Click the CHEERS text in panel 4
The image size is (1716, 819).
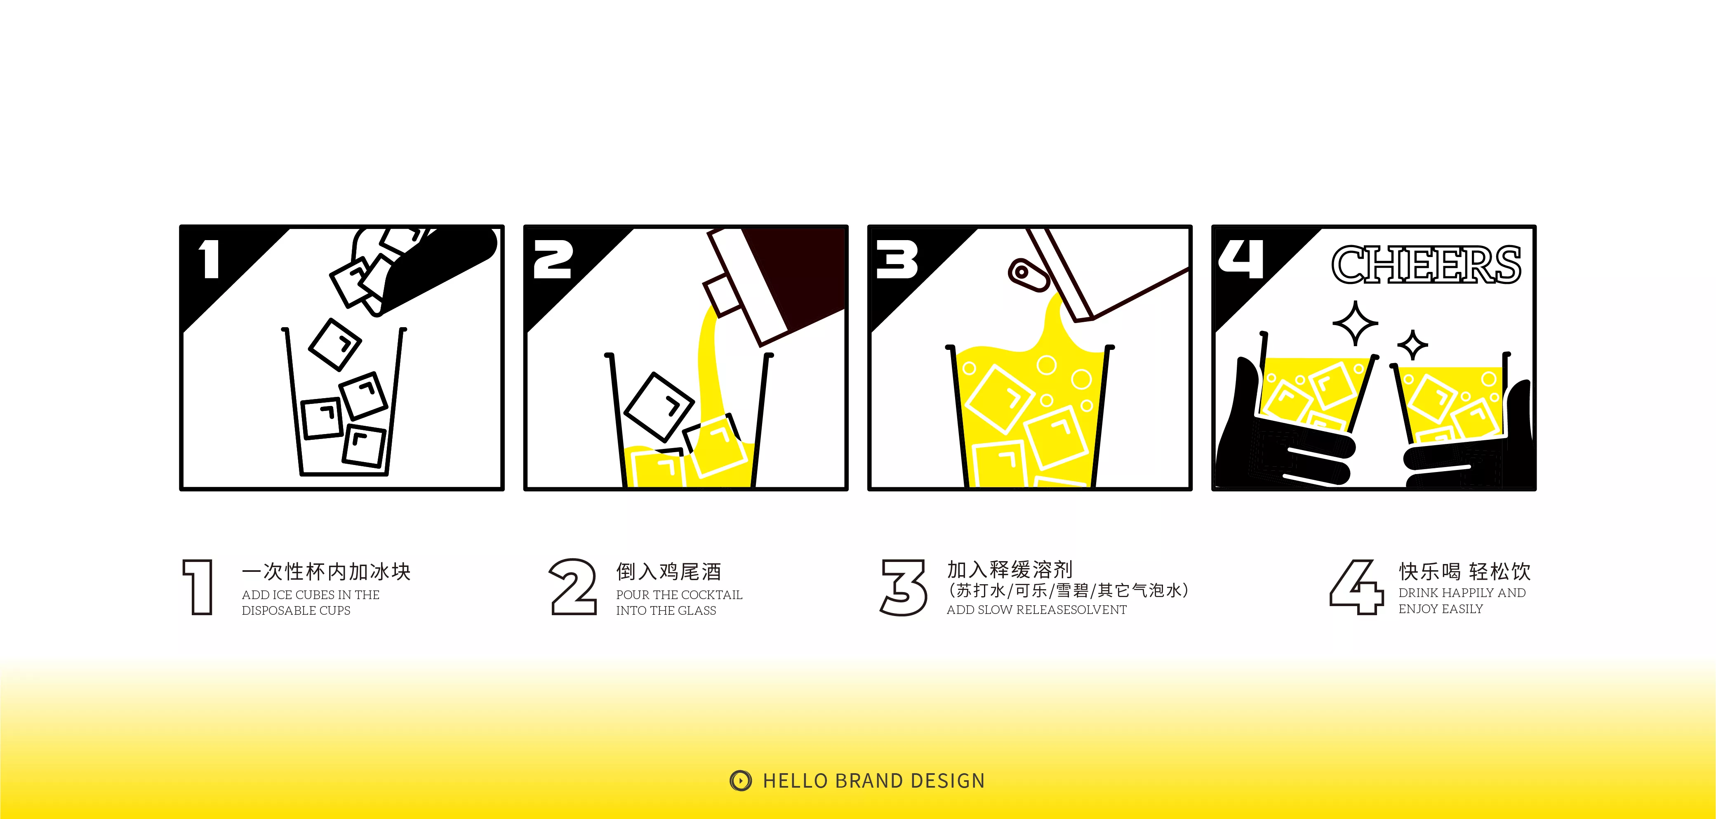(1426, 264)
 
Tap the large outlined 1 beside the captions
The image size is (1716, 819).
(198, 587)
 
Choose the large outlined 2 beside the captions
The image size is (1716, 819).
(572, 587)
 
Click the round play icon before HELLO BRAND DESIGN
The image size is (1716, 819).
(740, 780)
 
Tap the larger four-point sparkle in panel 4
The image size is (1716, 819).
(1355, 323)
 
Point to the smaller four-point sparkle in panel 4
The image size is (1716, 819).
(1412, 345)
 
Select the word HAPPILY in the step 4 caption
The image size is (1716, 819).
(1467, 593)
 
